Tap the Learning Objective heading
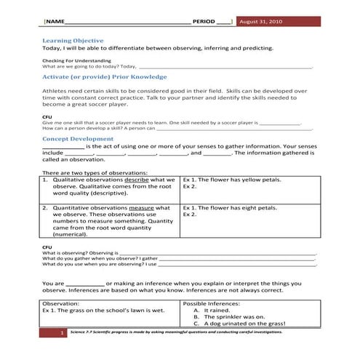73,40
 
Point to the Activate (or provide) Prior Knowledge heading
105,76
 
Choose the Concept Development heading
79,137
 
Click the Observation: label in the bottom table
65,303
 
